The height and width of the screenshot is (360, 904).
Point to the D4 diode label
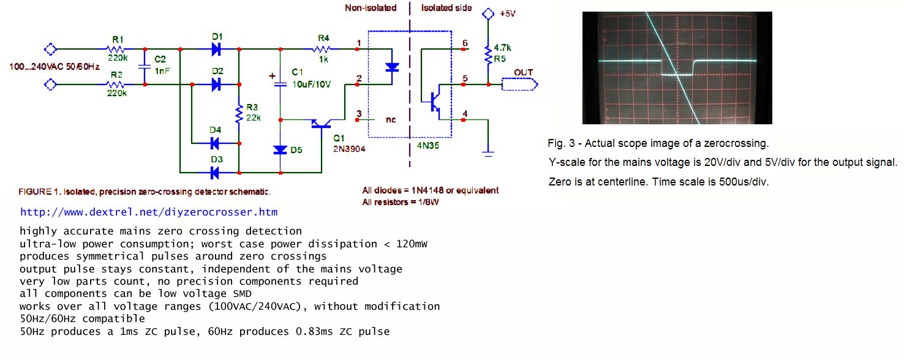tap(215, 130)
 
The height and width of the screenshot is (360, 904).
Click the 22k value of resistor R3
tap(254, 118)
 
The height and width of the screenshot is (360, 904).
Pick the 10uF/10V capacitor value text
tap(311, 84)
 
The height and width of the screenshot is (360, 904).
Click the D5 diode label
tap(296, 150)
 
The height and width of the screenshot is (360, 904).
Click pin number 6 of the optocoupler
tap(465, 43)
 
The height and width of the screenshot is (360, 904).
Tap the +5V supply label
tap(508, 13)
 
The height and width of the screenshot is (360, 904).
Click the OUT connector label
tap(523, 72)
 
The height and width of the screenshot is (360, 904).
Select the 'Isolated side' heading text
tap(446, 8)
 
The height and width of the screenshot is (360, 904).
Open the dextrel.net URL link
tap(149, 212)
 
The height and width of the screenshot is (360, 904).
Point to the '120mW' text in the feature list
tap(411, 244)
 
